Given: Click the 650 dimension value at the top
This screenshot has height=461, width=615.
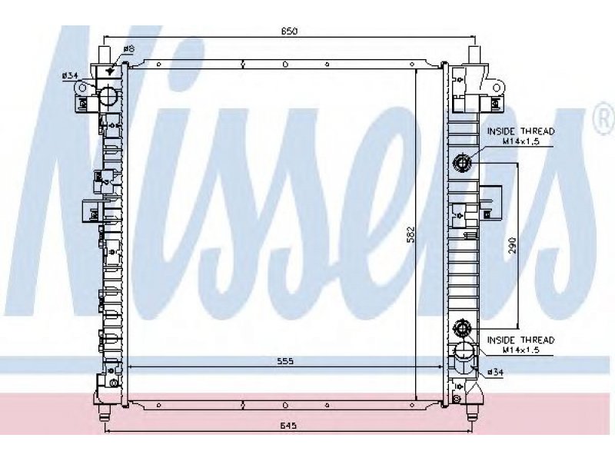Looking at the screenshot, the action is (x=289, y=31).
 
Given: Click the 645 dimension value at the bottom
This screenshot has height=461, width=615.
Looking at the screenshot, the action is (x=289, y=426).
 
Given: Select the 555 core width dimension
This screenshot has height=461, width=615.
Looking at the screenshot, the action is (x=285, y=361).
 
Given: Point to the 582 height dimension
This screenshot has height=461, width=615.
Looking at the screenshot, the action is (x=411, y=234).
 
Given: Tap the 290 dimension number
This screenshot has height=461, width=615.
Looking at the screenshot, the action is (x=512, y=245).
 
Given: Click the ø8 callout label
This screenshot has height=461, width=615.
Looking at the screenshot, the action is (x=129, y=49).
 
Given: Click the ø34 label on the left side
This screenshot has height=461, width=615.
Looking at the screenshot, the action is (x=69, y=75).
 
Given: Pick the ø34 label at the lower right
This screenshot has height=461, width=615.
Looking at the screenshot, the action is (x=495, y=372).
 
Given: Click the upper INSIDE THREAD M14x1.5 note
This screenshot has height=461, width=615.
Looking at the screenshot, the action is (x=521, y=136).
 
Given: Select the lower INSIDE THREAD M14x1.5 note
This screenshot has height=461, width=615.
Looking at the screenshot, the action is (x=521, y=344).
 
